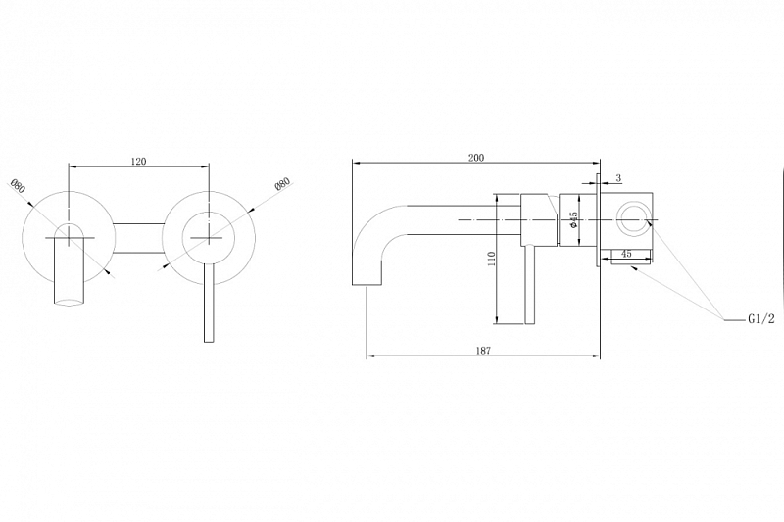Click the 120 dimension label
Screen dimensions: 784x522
pyautogui.click(x=138, y=161)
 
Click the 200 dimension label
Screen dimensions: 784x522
pyautogui.click(x=476, y=158)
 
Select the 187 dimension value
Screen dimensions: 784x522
pyautogui.click(x=483, y=351)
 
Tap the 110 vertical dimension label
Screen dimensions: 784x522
pyautogui.click(x=492, y=259)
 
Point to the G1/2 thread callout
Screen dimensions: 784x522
pyautogui.click(x=761, y=319)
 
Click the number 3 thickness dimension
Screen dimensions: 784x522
pyautogui.click(x=618, y=178)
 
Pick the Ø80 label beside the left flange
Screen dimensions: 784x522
pyautogui.click(x=18, y=186)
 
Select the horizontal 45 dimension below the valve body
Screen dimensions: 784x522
pyautogui.click(x=626, y=254)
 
